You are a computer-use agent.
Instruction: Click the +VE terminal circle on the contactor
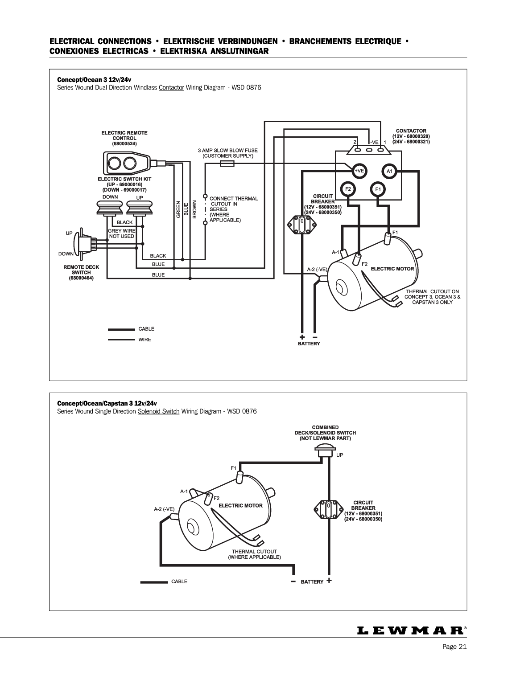coord(359,171)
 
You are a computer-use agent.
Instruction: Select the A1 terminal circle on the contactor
coord(389,171)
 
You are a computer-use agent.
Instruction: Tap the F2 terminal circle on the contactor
coord(348,189)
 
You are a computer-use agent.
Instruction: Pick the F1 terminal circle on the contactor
coord(378,189)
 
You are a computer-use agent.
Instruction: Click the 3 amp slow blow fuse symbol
coord(227,164)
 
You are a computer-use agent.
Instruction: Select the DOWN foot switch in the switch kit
coord(107,208)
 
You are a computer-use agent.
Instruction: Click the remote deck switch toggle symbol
coord(84,244)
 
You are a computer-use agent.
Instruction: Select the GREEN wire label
coord(178,209)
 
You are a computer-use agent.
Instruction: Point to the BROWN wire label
coord(194,209)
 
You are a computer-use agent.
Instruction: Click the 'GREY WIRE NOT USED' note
coord(122,233)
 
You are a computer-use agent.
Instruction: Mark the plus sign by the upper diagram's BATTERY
coord(302,337)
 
